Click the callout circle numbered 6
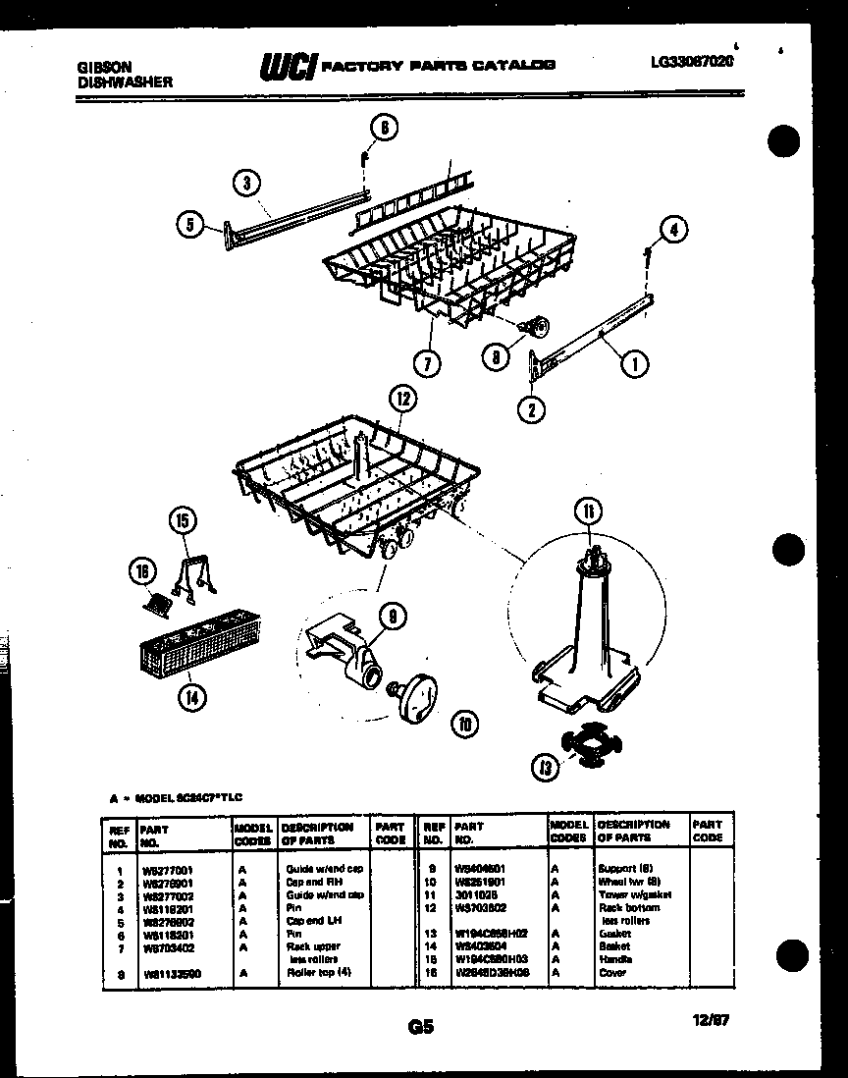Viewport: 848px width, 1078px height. coord(385,128)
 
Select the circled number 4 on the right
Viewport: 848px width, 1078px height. coord(672,230)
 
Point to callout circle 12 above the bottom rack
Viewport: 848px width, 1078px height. coord(400,399)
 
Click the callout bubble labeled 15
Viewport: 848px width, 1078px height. coord(182,520)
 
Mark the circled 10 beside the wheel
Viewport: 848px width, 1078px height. coord(462,725)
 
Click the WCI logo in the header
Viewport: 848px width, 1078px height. coord(286,66)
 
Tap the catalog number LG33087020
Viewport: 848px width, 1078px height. coord(691,61)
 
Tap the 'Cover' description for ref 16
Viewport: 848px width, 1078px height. coord(611,972)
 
